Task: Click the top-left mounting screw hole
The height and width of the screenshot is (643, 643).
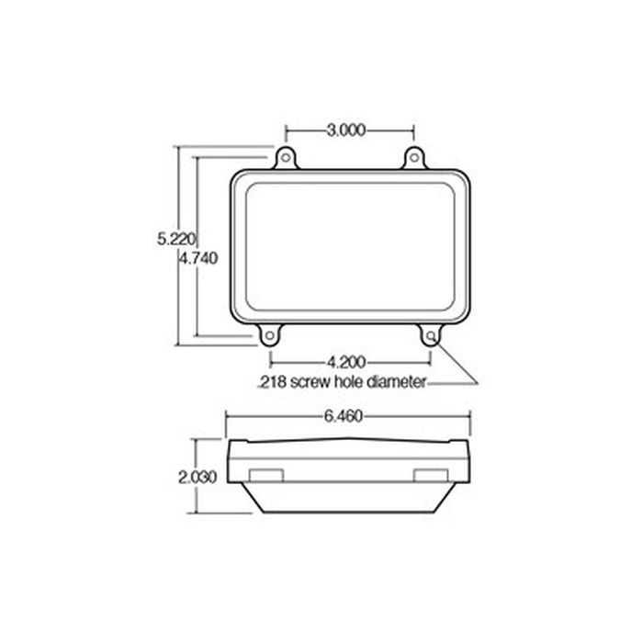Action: point(286,159)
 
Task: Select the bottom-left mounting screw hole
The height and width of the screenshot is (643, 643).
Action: point(269,336)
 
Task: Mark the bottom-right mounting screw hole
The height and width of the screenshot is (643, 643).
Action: point(430,336)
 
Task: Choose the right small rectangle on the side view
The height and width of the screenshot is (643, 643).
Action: point(429,474)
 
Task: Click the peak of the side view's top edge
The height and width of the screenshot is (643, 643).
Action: point(349,438)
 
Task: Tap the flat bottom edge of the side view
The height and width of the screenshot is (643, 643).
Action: point(349,513)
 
